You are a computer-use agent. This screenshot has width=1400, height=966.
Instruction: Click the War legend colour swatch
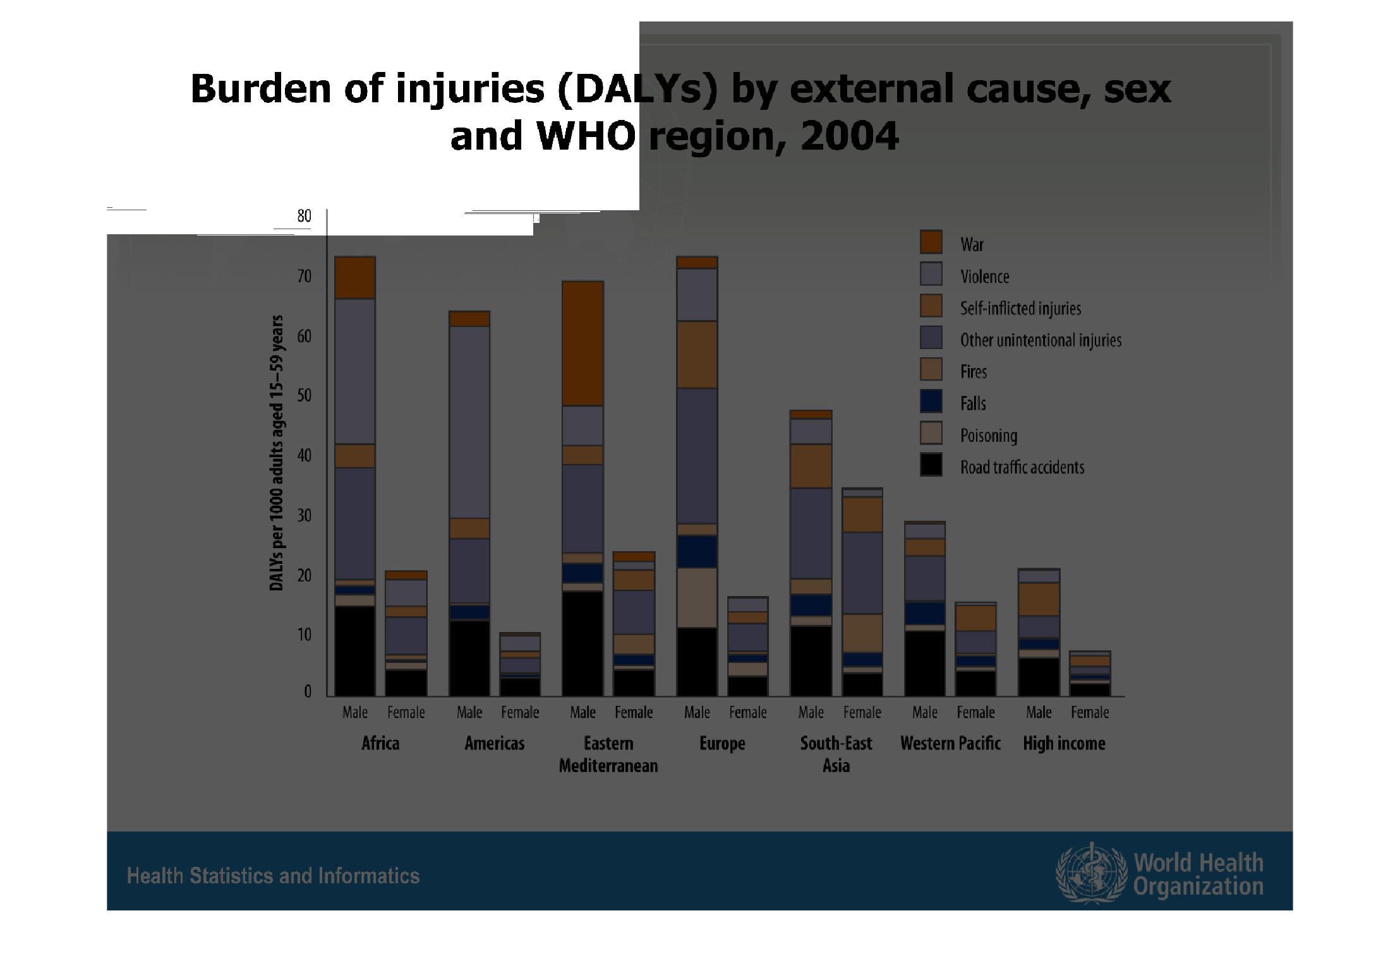point(931,242)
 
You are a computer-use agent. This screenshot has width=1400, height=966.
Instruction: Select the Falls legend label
point(973,403)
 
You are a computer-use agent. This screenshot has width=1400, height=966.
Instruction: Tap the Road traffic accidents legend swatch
point(931,465)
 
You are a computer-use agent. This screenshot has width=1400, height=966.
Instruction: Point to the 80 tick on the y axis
point(304,216)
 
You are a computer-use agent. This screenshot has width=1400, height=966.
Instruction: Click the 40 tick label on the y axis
point(304,455)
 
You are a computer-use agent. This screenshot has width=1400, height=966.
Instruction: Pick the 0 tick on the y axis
point(308,691)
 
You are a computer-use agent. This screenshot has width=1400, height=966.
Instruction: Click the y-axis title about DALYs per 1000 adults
point(276,453)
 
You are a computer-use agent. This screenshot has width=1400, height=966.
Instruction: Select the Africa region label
point(380,743)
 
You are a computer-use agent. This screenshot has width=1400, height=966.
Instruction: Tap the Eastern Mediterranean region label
point(608,754)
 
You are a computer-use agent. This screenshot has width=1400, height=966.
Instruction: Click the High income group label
point(1065,744)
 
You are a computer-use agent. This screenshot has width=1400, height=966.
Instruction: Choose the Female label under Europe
point(748,712)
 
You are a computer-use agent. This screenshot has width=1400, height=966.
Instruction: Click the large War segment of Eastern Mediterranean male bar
point(582,343)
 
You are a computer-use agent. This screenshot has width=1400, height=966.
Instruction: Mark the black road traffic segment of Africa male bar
point(355,651)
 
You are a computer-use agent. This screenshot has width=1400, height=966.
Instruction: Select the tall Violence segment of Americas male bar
point(469,422)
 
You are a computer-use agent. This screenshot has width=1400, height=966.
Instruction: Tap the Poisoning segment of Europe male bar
point(697,597)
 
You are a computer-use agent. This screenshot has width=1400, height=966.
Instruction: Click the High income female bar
point(1090,674)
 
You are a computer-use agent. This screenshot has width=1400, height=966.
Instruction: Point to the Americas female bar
point(520,664)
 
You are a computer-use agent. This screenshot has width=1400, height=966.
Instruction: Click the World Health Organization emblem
point(1091,873)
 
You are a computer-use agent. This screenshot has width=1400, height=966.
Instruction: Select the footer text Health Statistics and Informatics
point(273,876)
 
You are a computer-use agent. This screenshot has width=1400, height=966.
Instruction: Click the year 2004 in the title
point(850,136)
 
